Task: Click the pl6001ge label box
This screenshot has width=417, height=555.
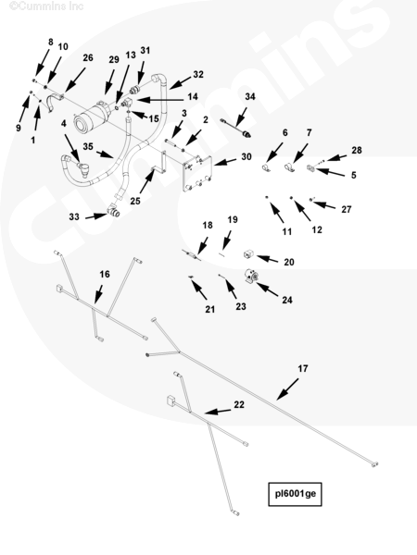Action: pyautogui.click(x=295, y=494)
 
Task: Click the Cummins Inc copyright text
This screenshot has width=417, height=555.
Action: pyautogui.click(x=46, y=6)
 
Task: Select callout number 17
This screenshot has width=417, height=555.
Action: pyautogui.click(x=302, y=369)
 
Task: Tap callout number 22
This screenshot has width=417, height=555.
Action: pyautogui.click(x=239, y=404)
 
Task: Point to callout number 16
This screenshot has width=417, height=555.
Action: pyautogui.click(x=105, y=275)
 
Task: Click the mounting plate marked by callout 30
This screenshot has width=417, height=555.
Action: pyautogui.click(x=197, y=174)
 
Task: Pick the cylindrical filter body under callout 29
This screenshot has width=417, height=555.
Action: pyautogui.click(x=92, y=117)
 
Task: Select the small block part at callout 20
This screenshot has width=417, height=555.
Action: pyautogui.click(x=248, y=254)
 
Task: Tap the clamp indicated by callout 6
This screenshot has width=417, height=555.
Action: pyautogui.click(x=265, y=167)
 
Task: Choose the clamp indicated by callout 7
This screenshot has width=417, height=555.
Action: pyautogui.click(x=289, y=166)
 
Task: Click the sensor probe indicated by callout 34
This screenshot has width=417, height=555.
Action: pyautogui.click(x=236, y=128)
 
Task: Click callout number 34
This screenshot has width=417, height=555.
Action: pyautogui.click(x=250, y=96)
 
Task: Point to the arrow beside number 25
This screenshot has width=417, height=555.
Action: pyautogui.click(x=146, y=180)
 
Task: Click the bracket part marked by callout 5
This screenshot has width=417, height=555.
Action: pyautogui.click(x=311, y=167)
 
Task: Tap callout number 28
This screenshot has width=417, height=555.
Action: pyautogui.click(x=357, y=151)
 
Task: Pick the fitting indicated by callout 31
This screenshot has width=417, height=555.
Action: pyautogui.click(x=134, y=89)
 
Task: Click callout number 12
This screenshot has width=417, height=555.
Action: pyautogui.click(x=317, y=230)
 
